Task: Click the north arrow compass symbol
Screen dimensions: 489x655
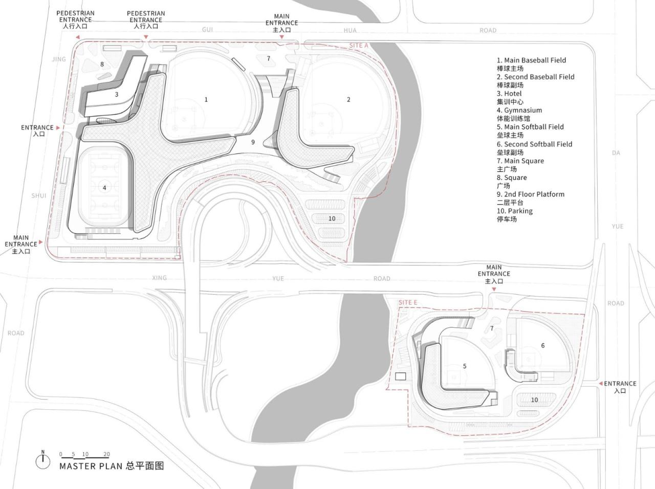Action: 43,460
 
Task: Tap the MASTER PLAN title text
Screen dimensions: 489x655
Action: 111,466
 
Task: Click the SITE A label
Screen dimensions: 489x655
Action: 359,46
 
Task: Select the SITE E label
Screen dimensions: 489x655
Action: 408,302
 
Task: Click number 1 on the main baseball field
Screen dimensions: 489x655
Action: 206,99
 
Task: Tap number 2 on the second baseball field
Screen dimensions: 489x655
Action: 348,99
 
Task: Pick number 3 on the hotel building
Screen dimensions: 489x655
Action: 117,94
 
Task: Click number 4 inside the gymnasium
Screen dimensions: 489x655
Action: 104,188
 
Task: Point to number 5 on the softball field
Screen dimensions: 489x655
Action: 465,366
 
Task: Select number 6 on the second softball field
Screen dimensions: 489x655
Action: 543,345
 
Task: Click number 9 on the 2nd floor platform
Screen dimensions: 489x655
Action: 253,142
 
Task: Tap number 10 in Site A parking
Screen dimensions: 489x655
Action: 332,218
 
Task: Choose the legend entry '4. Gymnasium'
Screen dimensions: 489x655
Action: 519,110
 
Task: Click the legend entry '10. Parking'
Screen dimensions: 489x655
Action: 514,211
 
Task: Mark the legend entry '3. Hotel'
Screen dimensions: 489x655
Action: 509,94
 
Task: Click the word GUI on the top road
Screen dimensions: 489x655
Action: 207,30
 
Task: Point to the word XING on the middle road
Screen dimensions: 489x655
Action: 160,278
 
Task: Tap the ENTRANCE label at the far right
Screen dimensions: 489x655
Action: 620,383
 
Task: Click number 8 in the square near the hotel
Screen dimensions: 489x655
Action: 102,64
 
